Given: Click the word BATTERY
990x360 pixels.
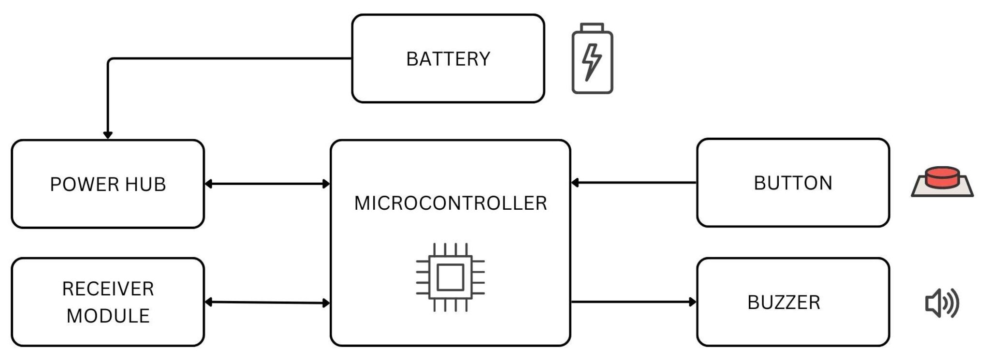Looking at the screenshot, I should click(448, 59).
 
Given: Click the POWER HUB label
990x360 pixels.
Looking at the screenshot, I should click(108, 184).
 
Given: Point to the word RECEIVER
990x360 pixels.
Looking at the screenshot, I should click(108, 289).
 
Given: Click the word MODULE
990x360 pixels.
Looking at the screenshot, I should click(108, 316).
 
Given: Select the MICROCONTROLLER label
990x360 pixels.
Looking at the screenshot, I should click(451, 203).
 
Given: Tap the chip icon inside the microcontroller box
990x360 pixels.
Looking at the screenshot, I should click(451, 277).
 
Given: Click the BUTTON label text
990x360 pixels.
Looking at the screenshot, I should click(793, 183).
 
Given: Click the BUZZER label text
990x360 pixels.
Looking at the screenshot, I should click(784, 302).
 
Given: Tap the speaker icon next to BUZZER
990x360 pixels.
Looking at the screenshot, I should click(942, 303).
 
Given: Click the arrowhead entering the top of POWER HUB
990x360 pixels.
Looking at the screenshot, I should click(108, 135).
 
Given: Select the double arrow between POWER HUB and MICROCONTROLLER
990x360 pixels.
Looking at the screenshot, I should click(267, 184).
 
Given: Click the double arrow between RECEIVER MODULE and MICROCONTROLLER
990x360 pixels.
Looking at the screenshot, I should click(267, 302).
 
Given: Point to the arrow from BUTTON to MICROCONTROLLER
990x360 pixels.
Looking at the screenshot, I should click(633, 183).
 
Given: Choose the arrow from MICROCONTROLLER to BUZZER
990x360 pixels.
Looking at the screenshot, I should click(633, 302).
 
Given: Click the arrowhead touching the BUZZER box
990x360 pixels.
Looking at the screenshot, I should click(693, 302).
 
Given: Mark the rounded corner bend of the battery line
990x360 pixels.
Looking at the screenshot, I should click(110, 61).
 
